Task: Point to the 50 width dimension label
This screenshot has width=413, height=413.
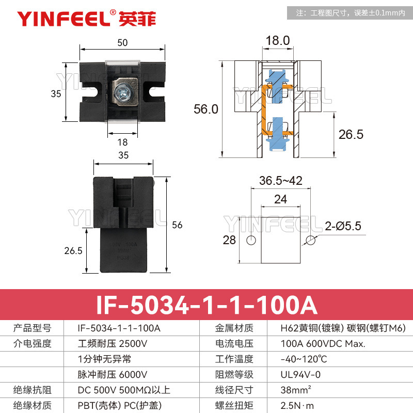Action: (122, 43)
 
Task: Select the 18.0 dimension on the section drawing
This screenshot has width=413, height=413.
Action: (278, 40)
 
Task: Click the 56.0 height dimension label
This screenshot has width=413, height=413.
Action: (206, 109)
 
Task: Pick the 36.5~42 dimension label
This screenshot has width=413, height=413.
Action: (280, 180)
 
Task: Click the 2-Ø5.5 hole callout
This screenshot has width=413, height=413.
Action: (343, 226)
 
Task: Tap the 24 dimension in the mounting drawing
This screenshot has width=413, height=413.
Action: (280, 199)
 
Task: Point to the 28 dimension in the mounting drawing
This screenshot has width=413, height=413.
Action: (229, 240)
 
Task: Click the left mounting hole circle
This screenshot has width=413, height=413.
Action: (251, 241)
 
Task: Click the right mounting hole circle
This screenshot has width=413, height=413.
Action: (310, 240)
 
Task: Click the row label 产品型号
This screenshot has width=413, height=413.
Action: (31, 328)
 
